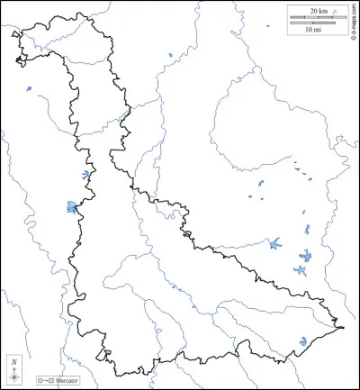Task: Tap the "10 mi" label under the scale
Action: [312, 29]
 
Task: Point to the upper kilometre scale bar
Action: [311, 16]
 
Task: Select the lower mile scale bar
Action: [306, 22]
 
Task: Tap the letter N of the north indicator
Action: [14, 360]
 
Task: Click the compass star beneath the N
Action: [14, 374]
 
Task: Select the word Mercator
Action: [66, 382]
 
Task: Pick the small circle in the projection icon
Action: [40, 382]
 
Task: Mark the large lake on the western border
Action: [71, 207]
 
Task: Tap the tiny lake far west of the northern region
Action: [28, 88]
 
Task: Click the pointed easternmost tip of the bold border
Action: [344, 326]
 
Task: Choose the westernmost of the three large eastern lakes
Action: [274, 243]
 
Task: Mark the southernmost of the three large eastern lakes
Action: [301, 269]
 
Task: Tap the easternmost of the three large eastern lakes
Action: [307, 255]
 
